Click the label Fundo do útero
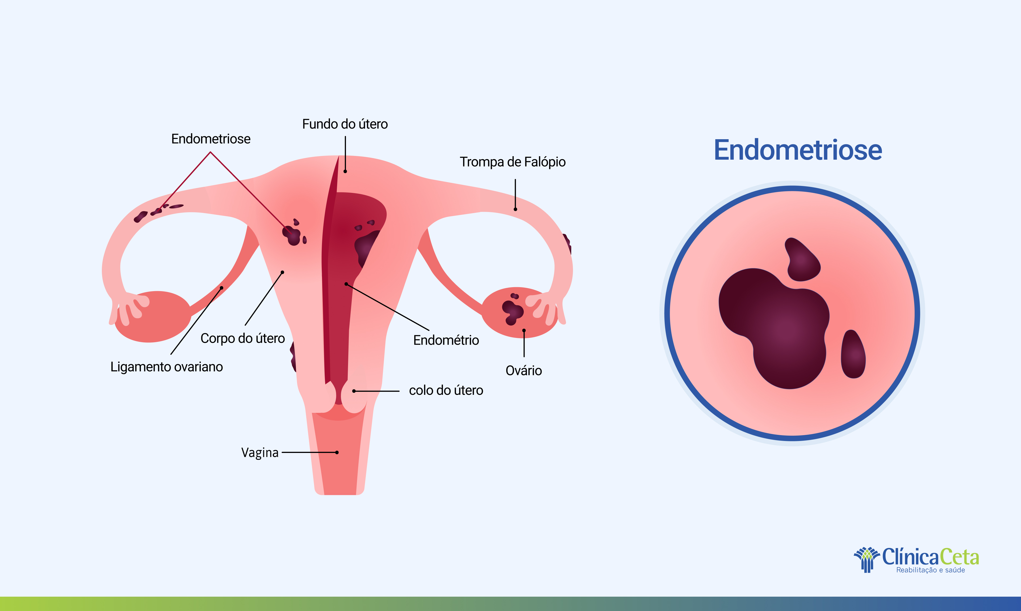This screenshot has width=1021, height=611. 345,124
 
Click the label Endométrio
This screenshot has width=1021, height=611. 446,340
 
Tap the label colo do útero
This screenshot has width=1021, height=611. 446,390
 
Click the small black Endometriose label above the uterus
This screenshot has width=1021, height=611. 211,139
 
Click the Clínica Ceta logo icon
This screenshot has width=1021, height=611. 867,559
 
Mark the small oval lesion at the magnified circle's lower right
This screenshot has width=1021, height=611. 853,354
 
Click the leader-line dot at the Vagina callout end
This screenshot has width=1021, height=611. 337,452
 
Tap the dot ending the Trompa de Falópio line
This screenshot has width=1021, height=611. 515,209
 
